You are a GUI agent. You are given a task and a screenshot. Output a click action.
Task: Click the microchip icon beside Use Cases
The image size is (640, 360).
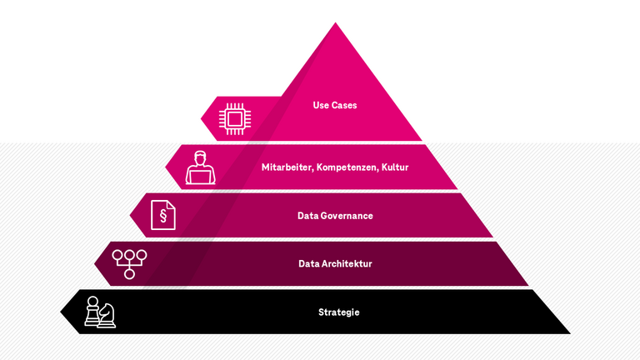tap(235, 118)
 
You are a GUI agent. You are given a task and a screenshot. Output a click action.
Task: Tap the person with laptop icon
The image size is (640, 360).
tap(200, 167)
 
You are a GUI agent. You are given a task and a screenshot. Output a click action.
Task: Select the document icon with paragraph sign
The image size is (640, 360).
tap(162, 215)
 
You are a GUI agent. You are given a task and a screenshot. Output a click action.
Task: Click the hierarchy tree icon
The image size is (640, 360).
tap(129, 262)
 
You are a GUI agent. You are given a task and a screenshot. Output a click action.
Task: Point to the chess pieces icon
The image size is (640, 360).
tap(100, 312)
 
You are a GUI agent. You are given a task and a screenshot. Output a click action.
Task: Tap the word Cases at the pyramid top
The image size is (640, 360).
tap(344, 106)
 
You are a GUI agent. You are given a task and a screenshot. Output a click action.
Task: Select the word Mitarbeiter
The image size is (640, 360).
tap(286, 167)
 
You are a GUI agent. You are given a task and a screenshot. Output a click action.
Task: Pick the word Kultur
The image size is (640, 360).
tap(395, 167)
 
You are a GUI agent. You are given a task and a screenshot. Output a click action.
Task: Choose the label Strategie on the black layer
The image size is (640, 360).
tap(338, 312)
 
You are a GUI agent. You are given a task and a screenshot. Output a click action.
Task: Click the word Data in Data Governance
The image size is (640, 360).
tap(308, 216)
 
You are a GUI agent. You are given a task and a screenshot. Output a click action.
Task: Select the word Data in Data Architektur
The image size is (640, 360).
tap(309, 264)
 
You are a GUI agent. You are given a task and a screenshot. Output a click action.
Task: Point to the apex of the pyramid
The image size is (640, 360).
tap(336, 24)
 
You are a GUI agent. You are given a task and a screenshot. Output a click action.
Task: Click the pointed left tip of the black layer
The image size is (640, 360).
tap(62, 312)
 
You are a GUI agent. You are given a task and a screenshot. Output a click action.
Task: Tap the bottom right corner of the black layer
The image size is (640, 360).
tap(569, 332)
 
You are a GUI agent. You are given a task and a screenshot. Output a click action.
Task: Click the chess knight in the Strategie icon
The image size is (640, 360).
tap(107, 314)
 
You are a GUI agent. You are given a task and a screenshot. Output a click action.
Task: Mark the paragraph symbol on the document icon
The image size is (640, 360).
tap(162, 217)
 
